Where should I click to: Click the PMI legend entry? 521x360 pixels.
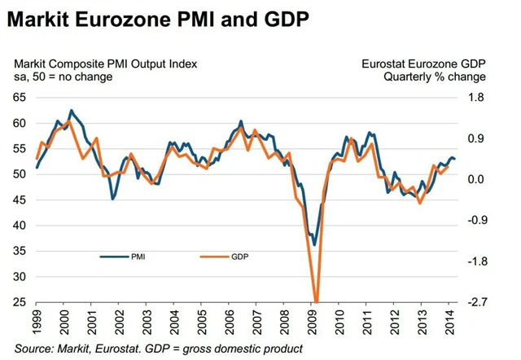click(138, 257)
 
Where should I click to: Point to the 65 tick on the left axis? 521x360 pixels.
click(20, 98)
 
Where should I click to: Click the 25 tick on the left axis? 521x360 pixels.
click(20, 302)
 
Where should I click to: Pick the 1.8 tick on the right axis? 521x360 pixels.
click(476, 98)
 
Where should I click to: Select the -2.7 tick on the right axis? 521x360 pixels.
click(475, 302)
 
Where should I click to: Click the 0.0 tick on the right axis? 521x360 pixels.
click(476, 179)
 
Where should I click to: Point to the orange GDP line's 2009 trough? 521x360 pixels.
click(317, 301)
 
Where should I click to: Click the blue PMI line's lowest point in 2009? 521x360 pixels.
click(314, 244)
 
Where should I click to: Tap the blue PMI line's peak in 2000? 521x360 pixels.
click(71, 110)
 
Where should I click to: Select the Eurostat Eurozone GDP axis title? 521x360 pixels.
click(422, 64)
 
